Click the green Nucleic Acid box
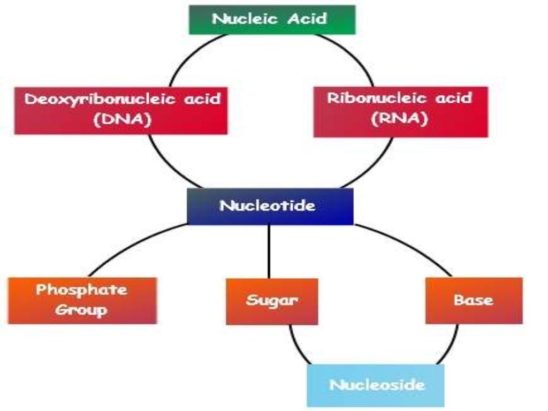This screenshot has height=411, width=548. pos(272,19)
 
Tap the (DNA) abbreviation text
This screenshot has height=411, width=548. pos(122,119)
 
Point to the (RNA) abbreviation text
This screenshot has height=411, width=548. pos(400,119)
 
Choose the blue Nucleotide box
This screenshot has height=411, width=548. pos(270,206)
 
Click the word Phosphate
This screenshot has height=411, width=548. pos(82,290)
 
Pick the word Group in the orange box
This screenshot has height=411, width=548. pos(82,310)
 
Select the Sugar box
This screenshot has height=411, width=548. pos(272,300)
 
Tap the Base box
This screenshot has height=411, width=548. pos(474,300)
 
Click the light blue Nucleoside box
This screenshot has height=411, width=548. pos(376,385)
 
